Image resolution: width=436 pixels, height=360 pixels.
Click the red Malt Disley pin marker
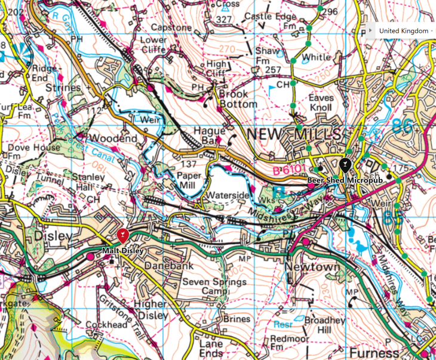[x=122, y=235]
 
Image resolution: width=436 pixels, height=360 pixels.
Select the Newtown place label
[x=308, y=266]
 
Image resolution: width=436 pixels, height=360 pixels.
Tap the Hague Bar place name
[x=210, y=135]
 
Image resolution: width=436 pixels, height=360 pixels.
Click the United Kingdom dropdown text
[x=403, y=31]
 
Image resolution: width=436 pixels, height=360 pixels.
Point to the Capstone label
[x=171, y=27]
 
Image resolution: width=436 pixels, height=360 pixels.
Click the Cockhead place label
[x=107, y=325]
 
